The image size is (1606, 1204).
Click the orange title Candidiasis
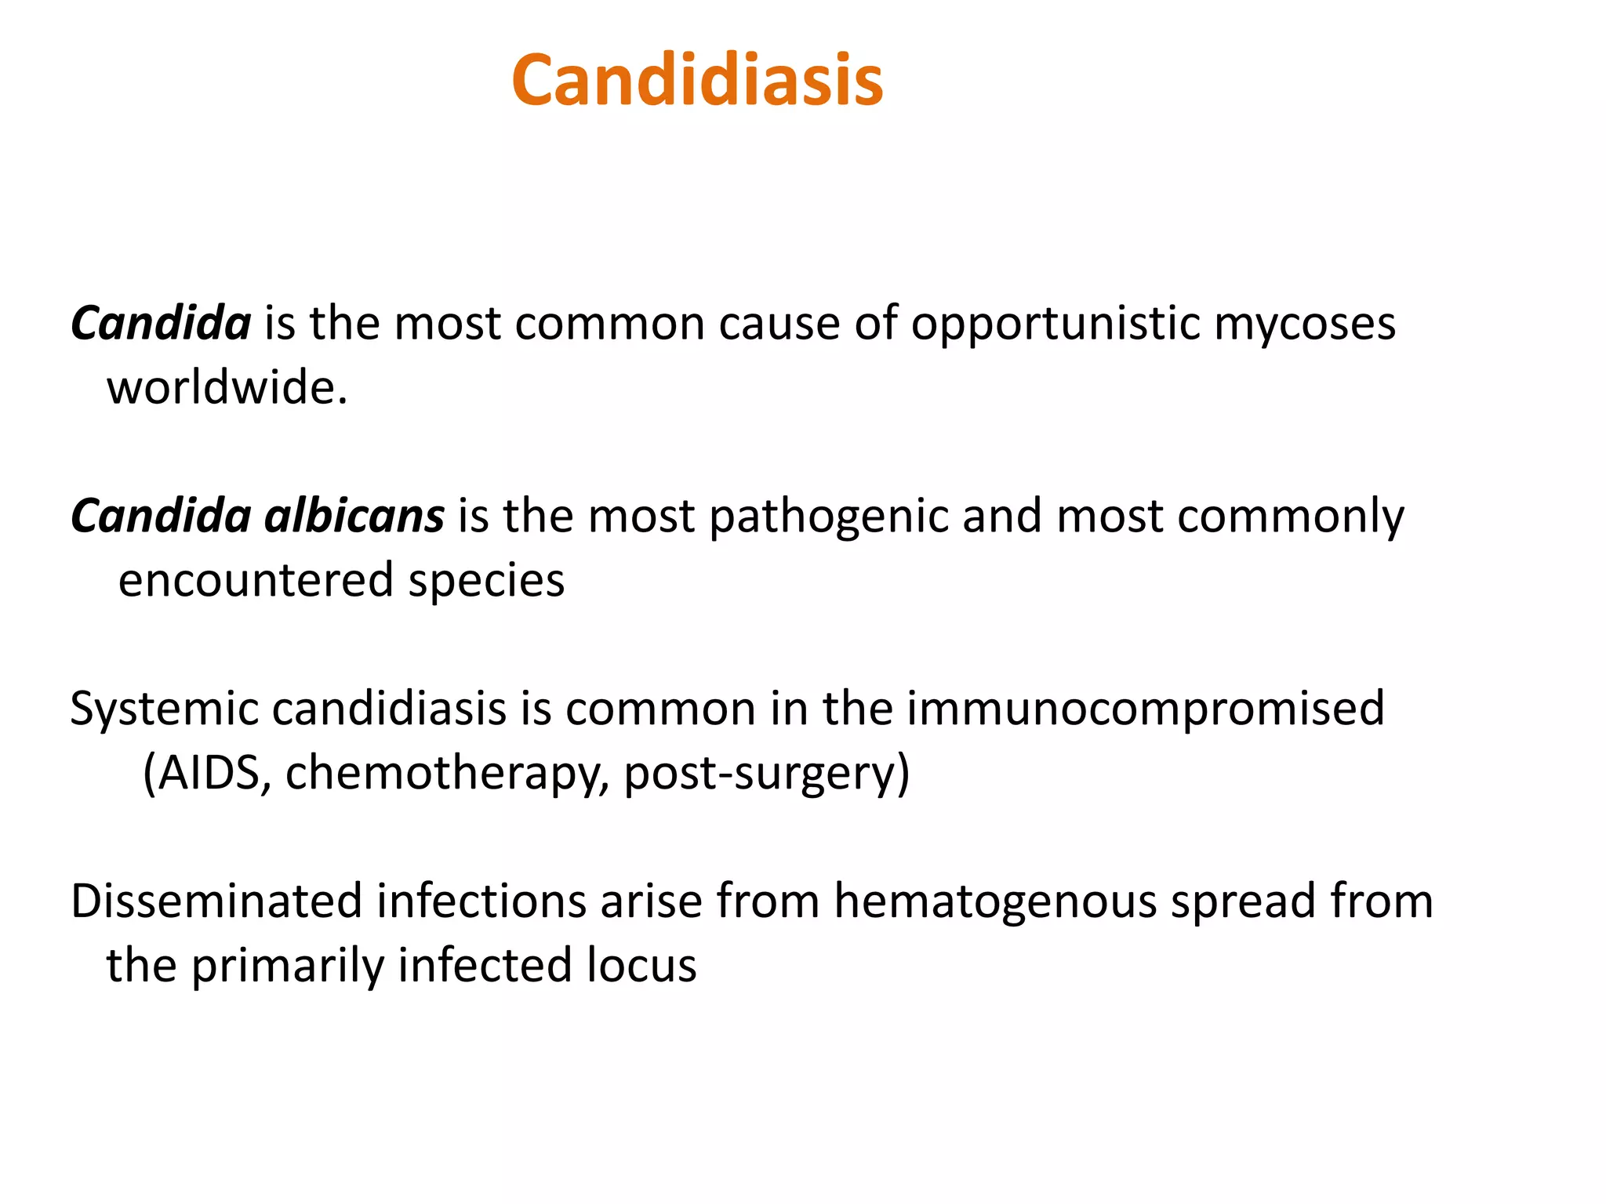(697, 81)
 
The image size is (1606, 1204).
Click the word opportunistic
(1055, 324)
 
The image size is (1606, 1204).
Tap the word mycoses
(1305, 324)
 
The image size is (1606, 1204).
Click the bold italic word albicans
(354, 517)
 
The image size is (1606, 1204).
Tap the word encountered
(256, 581)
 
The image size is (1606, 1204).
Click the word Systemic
(164, 709)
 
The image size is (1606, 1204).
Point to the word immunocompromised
(1146, 709)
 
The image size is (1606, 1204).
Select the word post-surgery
(762, 773)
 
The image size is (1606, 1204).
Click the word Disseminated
(216, 901)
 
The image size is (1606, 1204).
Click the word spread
(1243, 901)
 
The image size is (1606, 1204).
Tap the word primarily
(288, 966)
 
